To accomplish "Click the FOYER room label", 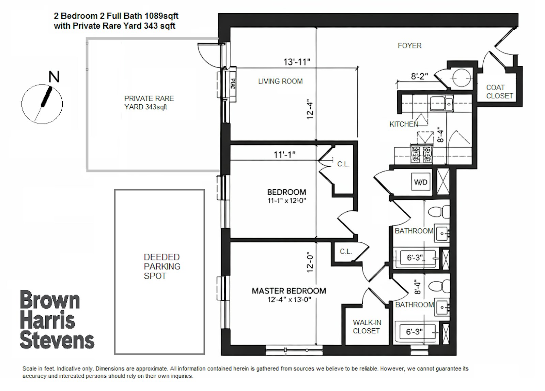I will click(x=409, y=46).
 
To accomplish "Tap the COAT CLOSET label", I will click(x=499, y=92).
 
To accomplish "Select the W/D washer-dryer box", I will click(x=421, y=182).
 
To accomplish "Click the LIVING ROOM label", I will click(x=280, y=81).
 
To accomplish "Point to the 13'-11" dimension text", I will click(x=297, y=62).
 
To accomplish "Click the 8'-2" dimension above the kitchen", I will click(x=419, y=76).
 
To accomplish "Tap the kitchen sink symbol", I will click(x=441, y=103).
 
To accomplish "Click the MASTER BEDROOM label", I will click(x=289, y=291).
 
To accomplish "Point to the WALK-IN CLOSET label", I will click(x=367, y=327).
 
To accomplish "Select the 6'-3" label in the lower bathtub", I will click(x=414, y=332).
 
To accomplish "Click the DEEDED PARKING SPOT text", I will click(x=161, y=267).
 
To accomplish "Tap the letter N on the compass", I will click(x=54, y=77).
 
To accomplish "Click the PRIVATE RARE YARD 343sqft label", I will click(x=149, y=103).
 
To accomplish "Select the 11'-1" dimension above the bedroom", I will click(x=284, y=155).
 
